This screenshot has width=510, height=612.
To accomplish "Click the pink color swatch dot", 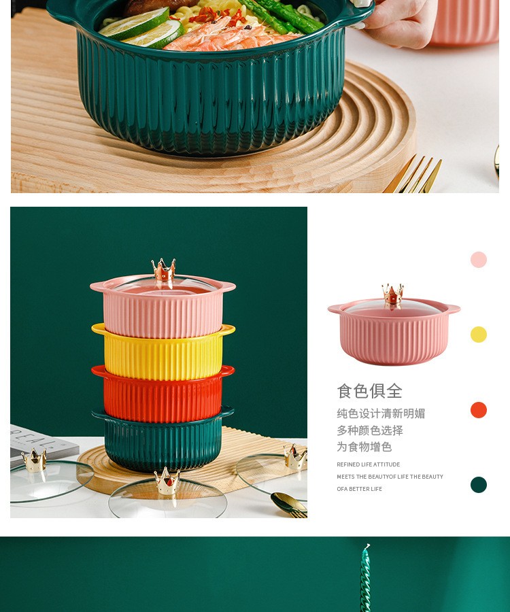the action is [479, 260].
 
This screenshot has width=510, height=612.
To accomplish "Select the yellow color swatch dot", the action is [479, 335].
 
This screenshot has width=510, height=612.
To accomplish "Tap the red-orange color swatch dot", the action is [479, 410].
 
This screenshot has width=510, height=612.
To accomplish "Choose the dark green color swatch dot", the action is [479, 485].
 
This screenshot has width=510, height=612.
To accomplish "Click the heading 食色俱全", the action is [369, 391].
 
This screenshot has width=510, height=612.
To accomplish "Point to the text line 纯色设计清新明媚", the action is [381, 413].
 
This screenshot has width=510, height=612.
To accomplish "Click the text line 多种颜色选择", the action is [370, 430].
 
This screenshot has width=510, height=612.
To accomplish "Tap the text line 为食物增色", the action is [364, 447].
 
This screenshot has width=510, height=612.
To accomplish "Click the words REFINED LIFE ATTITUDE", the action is [369, 464].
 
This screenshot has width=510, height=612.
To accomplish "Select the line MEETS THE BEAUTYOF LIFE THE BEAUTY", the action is [390, 477].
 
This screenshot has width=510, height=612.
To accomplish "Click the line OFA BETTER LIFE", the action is [360, 489].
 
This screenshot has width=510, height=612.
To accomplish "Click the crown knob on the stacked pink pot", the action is [163, 270].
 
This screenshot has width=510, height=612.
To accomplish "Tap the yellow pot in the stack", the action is [163, 352].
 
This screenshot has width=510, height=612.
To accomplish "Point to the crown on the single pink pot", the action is [392, 294].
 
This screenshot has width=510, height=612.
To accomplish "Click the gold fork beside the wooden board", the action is [413, 174].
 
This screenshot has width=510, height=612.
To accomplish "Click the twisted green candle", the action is [365, 577].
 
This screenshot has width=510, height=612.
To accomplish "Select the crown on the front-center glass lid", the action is [167, 481].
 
